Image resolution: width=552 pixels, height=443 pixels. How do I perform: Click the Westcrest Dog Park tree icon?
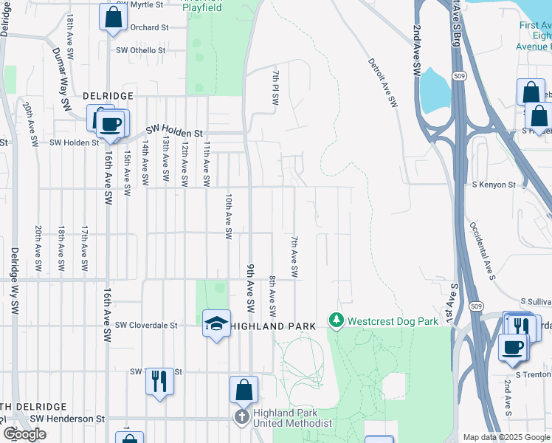point(337,321)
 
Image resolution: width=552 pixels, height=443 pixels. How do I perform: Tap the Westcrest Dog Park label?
point(383,322)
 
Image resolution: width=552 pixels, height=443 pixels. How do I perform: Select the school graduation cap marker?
point(216,323)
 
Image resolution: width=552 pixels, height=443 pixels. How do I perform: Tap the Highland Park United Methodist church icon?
point(242,417)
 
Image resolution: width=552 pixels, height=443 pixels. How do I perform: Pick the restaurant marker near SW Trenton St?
point(159,381)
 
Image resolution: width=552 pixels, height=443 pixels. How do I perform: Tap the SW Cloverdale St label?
point(146,324)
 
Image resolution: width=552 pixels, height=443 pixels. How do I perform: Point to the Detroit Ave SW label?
point(382,83)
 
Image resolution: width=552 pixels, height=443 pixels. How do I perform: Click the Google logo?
point(24,433)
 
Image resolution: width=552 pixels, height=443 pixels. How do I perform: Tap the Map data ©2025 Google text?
point(506,437)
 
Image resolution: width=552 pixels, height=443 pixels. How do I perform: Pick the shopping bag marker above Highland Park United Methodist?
point(244,389)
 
